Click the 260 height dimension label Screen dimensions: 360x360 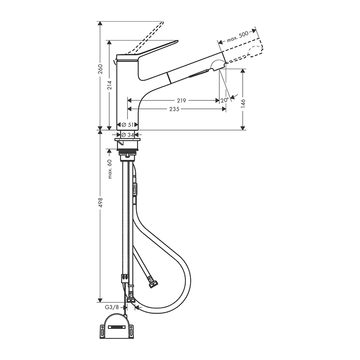(100, 69)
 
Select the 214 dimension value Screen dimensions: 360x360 (110, 85)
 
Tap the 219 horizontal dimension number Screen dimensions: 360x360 (181, 100)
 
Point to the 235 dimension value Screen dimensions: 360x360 (174, 109)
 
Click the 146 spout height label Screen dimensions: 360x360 (244, 103)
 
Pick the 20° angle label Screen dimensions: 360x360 (225, 100)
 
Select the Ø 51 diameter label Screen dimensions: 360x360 (127, 125)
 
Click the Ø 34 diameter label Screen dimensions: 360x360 (127, 135)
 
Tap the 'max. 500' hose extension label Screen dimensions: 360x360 (238, 37)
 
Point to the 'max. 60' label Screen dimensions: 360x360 (110, 169)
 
